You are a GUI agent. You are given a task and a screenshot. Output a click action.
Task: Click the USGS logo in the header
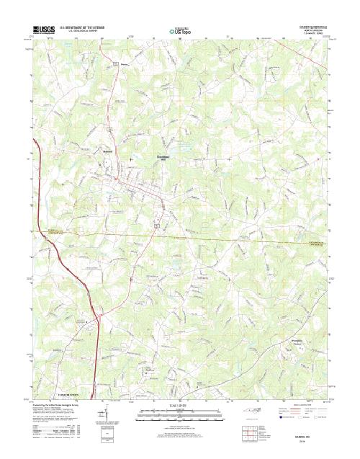click(42, 29)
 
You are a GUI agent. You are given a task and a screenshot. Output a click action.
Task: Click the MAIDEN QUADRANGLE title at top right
click(311, 25)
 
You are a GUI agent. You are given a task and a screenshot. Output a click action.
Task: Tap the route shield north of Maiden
click(115, 66)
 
